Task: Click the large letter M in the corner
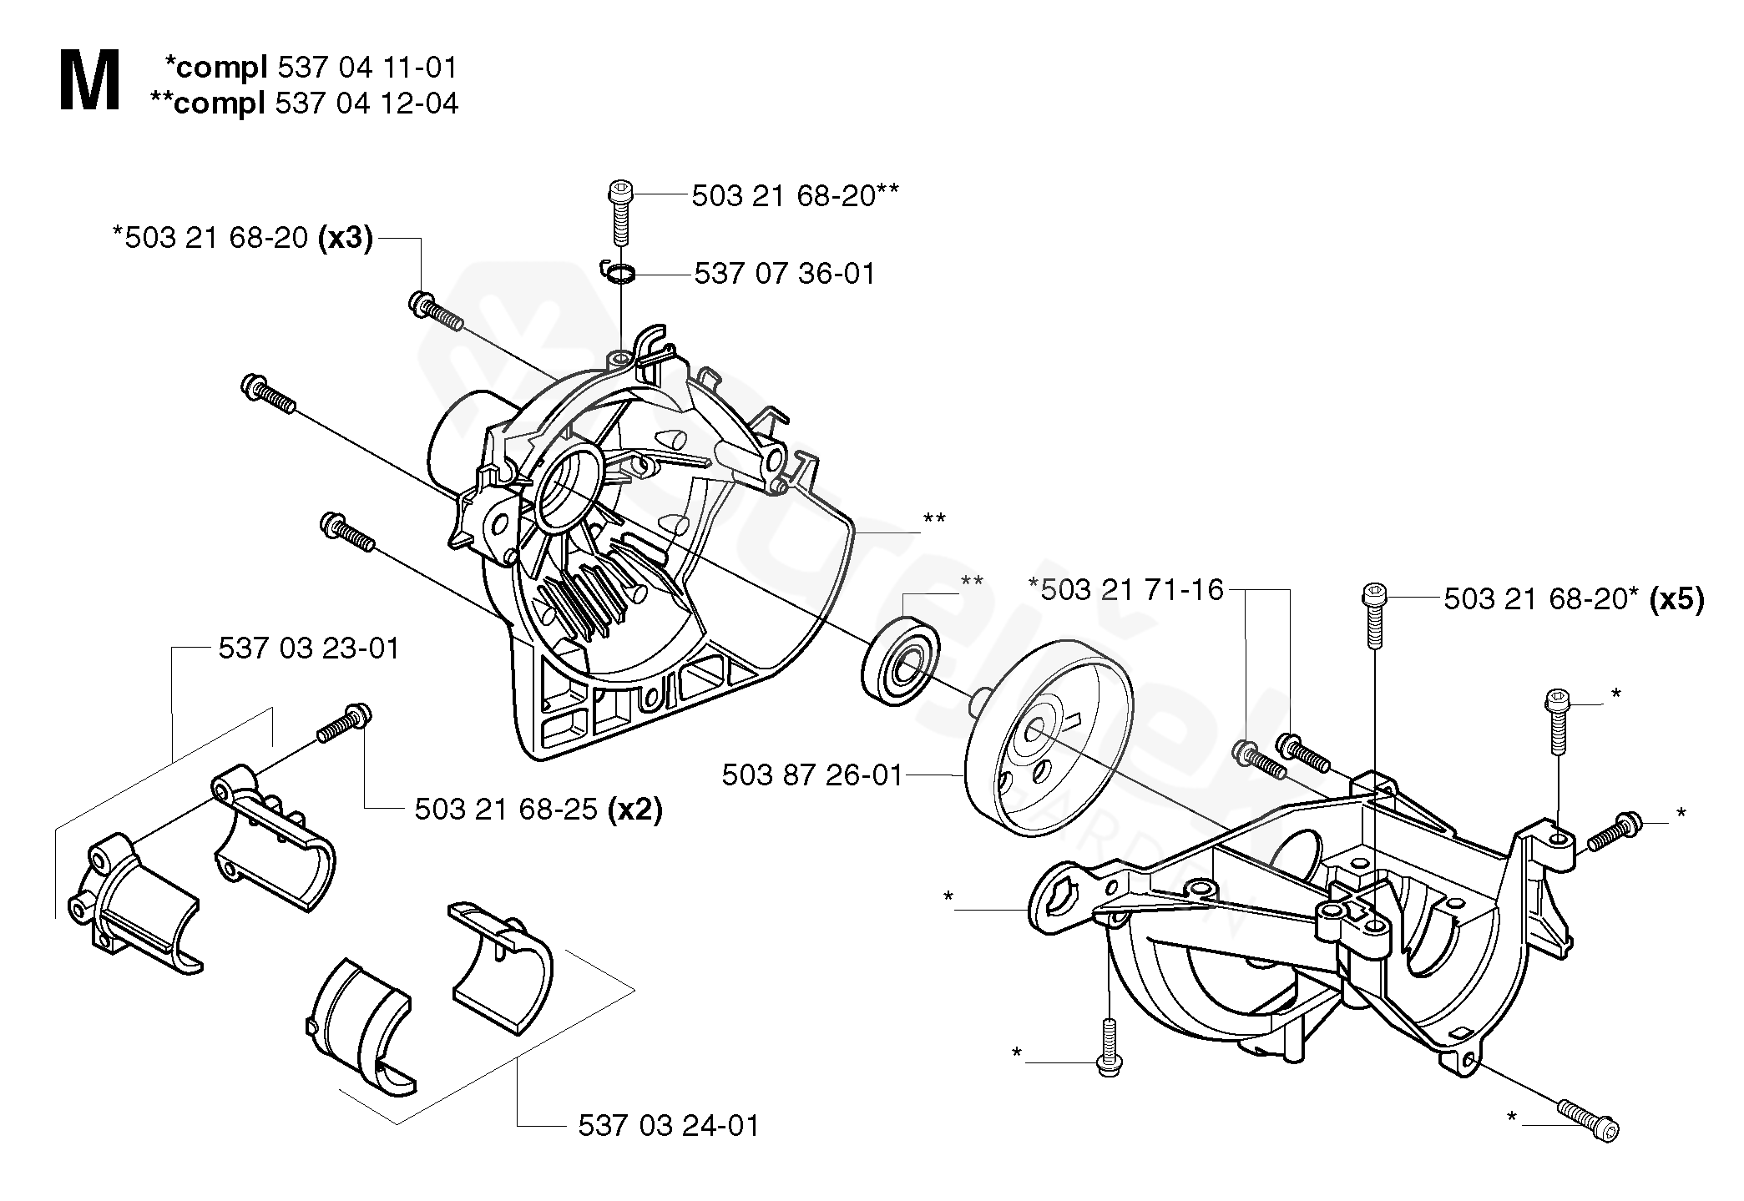click(x=89, y=81)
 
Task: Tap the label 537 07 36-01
click(x=785, y=274)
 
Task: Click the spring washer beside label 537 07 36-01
click(x=619, y=271)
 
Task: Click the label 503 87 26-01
click(x=812, y=775)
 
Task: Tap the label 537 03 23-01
click(x=309, y=648)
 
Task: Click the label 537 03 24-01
click(x=669, y=1126)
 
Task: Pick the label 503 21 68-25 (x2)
click(x=538, y=809)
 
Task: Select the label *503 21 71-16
click(x=1126, y=590)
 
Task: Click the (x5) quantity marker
click(x=1676, y=599)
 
